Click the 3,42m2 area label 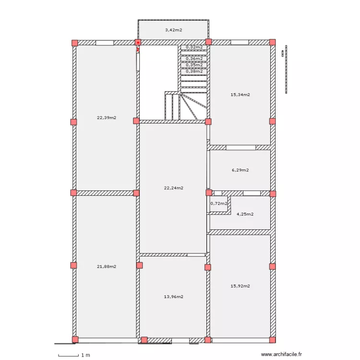click(x=173, y=30)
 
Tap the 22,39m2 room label click(x=107, y=118)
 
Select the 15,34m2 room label click(x=240, y=95)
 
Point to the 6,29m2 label click(x=240, y=170)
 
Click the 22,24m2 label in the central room click(x=173, y=188)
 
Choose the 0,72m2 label click(x=218, y=204)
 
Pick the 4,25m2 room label click(x=245, y=214)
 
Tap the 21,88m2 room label click(x=107, y=266)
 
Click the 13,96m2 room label click(x=173, y=297)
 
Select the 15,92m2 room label click(x=240, y=286)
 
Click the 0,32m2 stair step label click(x=193, y=47)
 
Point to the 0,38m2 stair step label click(x=193, y=71)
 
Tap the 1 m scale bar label click(x=85, y=355)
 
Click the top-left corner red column click(x=74, y=43)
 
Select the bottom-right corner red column click(x=273, y=340)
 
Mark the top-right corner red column click(x=273, y=42)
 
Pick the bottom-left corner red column click(x=74, y=340)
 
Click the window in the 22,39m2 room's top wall click(x=104, y=43)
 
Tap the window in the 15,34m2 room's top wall click(x=240, y=42)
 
